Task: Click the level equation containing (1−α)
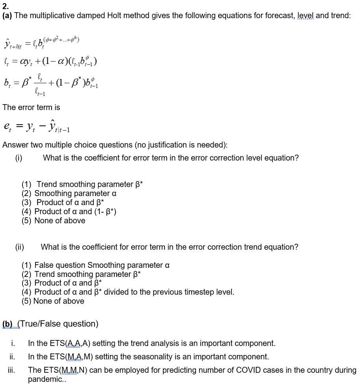[x=50, y=62]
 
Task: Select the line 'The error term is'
[x=32, y=107]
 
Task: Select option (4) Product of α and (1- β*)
[x=69, y=211]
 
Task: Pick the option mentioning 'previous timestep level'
[x=128, y=292]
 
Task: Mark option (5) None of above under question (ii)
[x=53, y=301]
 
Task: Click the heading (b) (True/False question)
[x=50, y=324]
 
